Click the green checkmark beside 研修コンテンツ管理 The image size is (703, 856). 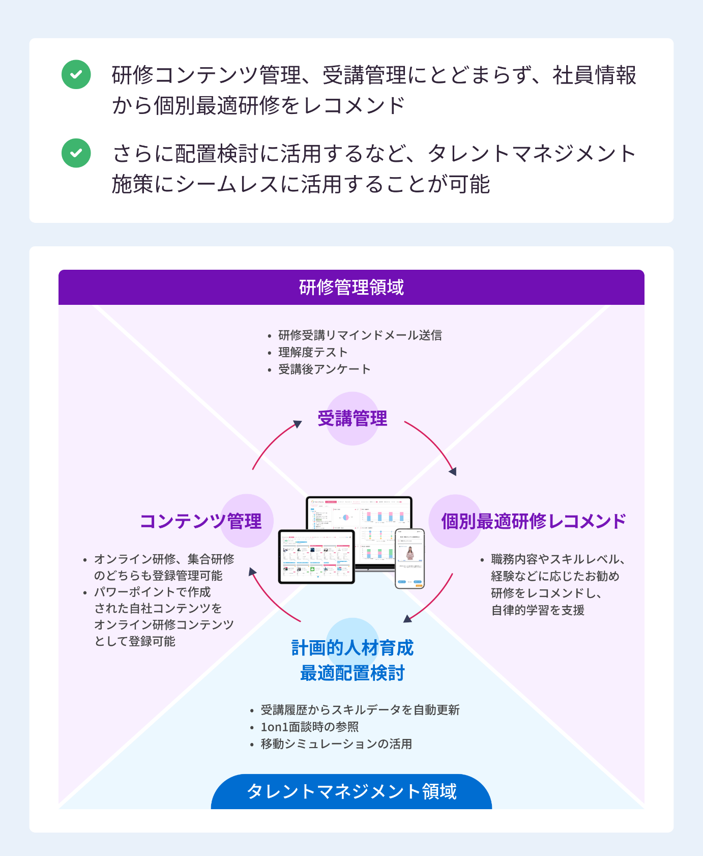coord(76,75)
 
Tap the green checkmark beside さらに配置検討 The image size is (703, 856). coord(76,153)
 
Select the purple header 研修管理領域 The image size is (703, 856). coord(351,288)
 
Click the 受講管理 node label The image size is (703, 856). coord(353,419)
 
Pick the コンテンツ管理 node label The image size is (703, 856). coord(201,521)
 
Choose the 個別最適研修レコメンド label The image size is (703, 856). coord(534,521)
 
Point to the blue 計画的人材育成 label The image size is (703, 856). coord(353,648)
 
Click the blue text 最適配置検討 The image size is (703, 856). coord(353,673)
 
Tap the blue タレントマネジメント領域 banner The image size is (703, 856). coord(352,792)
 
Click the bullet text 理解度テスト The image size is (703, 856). coord(313,352)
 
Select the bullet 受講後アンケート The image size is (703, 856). coord(324,369)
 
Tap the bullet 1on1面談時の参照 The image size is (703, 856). coord(310,727)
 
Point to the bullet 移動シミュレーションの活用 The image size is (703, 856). coord(336,744)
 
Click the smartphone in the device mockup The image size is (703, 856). coord(409,558)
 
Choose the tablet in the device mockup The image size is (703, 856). coord(316,557)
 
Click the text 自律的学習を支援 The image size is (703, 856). coord(538,610)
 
